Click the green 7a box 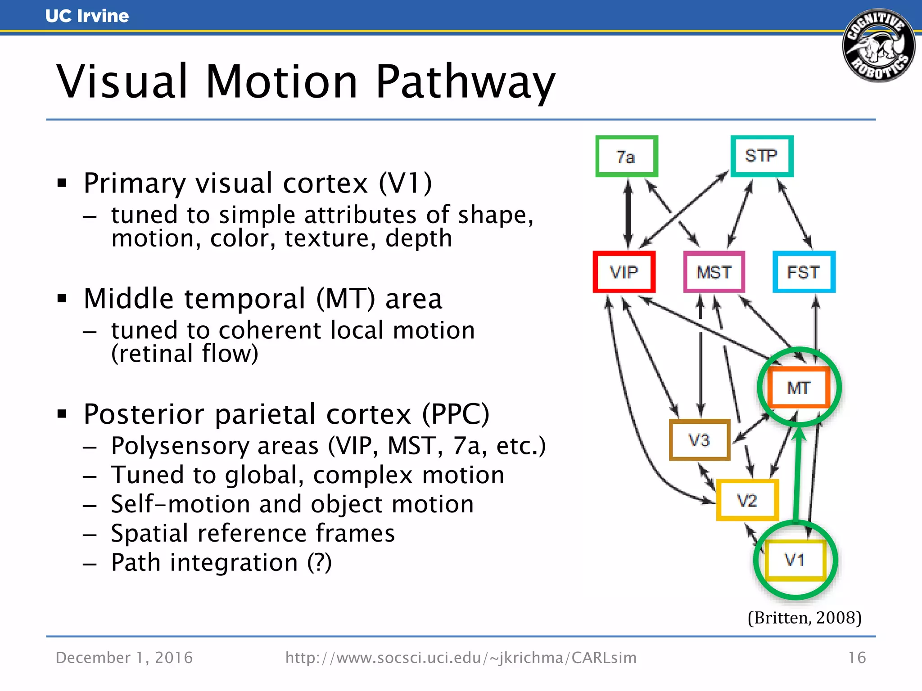tap(626, 157)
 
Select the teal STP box tap(761, 156)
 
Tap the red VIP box tap(624, 272)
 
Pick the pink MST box tap(714, 272)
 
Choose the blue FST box tap(804, 272)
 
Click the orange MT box tap(799, 387)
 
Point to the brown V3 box tap(699, 440)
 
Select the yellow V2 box tap(747, 500)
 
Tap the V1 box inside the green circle tap(795, 560)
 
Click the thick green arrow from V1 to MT tap(797, 477)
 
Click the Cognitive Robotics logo tap(878, 46)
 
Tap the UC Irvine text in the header tap(87, 16)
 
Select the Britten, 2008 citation tap(804, 618)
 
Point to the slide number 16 tap(857, 658)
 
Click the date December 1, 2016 tap(124, 658)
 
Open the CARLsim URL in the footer tap(461, 658)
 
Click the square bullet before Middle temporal tap(62, 298)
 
